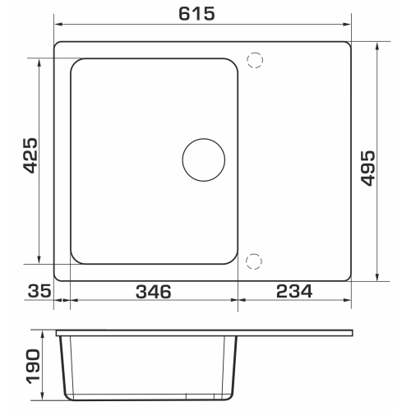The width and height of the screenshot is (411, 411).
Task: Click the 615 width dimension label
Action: coord(196,14)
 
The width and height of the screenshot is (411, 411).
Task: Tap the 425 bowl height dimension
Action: coord(30,155)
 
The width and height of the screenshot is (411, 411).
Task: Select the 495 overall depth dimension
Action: coord(367,169)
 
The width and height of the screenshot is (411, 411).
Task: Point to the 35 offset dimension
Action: coord(39,291)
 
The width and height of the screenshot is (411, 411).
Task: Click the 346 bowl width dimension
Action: coord(154,292)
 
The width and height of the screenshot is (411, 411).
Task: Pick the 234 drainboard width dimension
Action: coord(294,291)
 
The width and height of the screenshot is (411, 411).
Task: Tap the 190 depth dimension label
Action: coord(33,367)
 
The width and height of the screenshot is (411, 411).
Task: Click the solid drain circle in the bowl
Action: coord(204,159)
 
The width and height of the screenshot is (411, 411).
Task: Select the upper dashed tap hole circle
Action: coord(255,60)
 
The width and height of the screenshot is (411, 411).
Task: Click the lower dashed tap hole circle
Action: coord(254,261)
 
